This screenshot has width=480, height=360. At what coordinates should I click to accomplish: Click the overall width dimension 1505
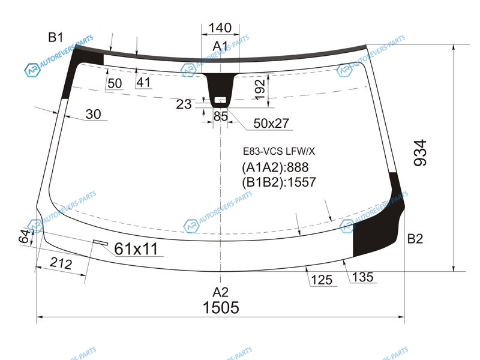221,307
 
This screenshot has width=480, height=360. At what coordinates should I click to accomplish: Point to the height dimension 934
420,153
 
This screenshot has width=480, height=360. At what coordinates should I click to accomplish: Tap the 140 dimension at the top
220,28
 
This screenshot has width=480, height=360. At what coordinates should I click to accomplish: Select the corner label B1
56,37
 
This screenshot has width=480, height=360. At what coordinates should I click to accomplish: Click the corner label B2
415,238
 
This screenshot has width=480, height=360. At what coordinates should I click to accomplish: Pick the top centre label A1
220,47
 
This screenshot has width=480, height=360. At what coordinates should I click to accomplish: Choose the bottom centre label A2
221,292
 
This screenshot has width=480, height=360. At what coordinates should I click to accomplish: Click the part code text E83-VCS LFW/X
279,151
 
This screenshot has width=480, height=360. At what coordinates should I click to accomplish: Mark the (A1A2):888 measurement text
275,167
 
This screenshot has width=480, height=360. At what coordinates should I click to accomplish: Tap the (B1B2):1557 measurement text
279,182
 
